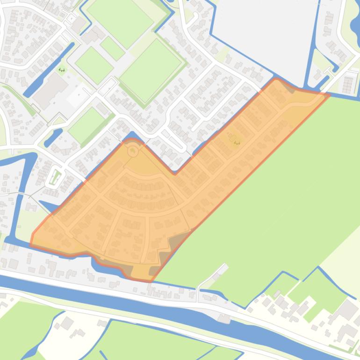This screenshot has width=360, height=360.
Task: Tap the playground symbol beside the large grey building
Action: click(x=62, y=70)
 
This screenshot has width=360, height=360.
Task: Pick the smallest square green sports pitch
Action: click(x=112, y=48)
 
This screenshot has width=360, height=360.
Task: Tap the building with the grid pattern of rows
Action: click(x=348, y=84)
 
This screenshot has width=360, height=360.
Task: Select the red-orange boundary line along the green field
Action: click(x=243, y=178)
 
